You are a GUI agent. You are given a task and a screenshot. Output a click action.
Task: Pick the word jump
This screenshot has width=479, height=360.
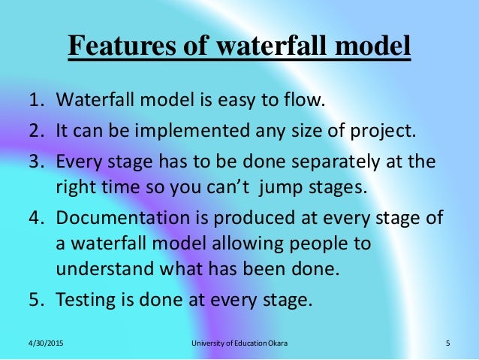[291, 186]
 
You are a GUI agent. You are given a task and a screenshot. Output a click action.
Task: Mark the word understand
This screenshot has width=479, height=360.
[99, 269]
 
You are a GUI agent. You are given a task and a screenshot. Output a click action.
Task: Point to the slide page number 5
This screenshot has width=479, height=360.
[447, 344]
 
